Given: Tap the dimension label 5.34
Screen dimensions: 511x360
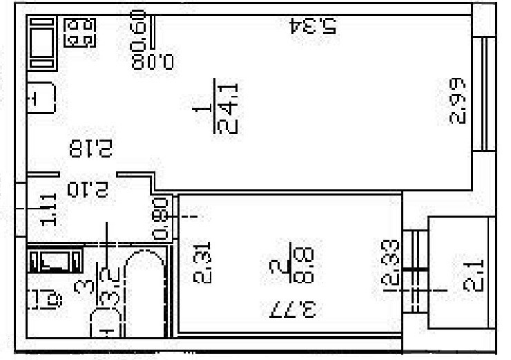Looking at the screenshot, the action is (x=313, y=26).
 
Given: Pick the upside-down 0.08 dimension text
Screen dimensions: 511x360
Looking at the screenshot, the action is (x=155, y=61).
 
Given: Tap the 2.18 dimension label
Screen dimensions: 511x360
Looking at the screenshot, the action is (x=90, y=148).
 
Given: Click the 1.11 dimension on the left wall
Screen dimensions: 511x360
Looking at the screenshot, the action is (x=49, y=211).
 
